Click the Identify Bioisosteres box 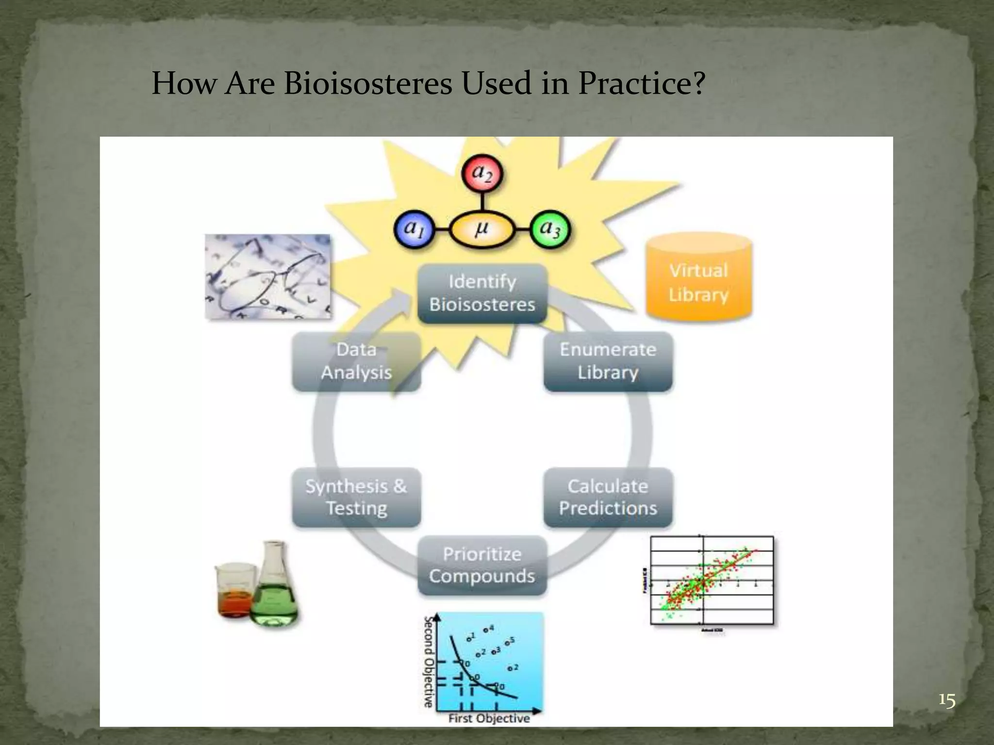(482, 293)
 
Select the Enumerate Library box (608, 361)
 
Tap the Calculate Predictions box (608, 497)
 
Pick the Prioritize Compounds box (482, 565)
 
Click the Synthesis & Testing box (356, 497)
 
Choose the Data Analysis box (356, 361)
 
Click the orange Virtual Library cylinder (698, 279)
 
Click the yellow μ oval (481, 229)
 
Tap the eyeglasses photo (267, 277)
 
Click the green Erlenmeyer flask (275, 589)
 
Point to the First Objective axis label (489, 718)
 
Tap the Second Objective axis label (428, 662)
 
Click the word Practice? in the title (641, 83)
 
